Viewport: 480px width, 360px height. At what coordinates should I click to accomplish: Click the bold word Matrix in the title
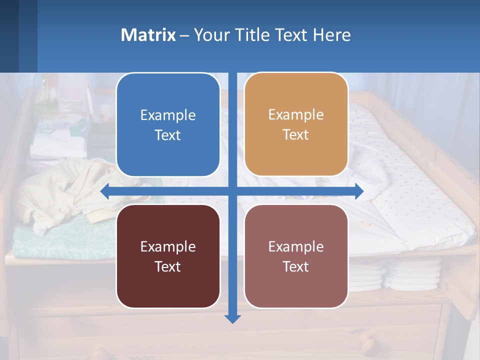point(148,35)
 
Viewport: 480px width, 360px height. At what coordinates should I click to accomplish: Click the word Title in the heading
point(253,35)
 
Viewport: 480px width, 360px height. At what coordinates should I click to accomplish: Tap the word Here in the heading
point(332,35)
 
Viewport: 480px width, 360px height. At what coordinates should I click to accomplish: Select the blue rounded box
point(168,125)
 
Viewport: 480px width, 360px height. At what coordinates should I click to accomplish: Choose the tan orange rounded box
point(296,124)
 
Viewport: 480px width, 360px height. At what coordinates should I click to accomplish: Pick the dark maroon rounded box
point(168,256)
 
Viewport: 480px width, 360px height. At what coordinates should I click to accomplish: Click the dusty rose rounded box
point(296,256)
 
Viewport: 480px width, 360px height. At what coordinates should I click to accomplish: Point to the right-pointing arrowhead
point(358,191)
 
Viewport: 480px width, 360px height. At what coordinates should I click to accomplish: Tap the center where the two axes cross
point(232,191)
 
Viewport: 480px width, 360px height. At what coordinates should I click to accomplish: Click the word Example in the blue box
point(168,115)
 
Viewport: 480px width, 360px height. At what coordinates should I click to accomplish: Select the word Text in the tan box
point(296,134)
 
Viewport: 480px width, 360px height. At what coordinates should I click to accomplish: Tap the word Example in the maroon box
point(168,246)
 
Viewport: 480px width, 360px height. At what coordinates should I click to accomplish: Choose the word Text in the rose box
point(296,266)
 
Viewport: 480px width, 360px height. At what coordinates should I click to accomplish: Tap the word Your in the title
point(211,35)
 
